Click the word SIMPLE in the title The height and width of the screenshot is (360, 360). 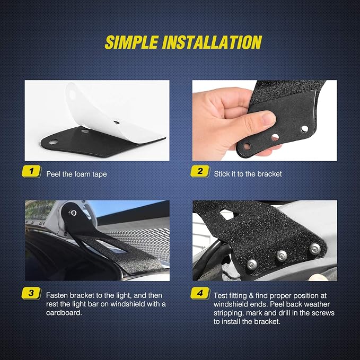pos(131,42)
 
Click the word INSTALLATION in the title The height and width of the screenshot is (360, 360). pos(212,42)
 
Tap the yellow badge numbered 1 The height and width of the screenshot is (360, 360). pos(31,171)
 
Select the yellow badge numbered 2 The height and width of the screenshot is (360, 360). pos(200,171)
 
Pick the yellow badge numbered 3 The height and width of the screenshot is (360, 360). pos(31,293)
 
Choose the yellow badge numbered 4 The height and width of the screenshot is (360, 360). pos(200,293)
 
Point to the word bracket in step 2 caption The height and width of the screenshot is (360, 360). pos(269,174)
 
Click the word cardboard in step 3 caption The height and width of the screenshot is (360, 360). pos(64,313)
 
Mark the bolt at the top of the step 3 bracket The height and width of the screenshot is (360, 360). pos(73,213)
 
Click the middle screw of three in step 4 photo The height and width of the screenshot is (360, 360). pos(282,256)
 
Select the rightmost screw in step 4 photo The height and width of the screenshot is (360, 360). pos(314,249)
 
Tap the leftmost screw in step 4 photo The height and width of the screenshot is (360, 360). pos(252,265)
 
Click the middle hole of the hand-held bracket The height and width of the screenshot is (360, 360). pos(275,137)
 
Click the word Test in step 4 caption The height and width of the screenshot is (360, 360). pos(221,295)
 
